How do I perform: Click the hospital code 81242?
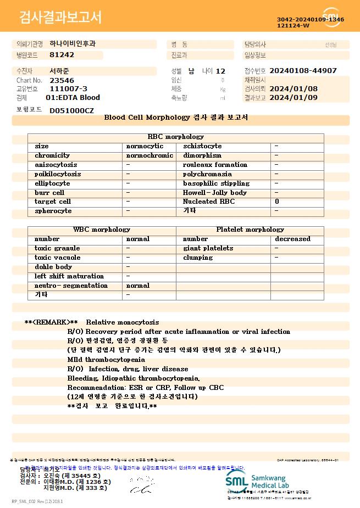62,55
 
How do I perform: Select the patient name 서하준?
59,71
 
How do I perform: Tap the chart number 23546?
62,80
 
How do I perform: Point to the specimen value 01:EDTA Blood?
73,98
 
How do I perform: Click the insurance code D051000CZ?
71,110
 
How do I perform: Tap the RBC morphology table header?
176,137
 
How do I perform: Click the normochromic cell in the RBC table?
149,155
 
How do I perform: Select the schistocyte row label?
202,146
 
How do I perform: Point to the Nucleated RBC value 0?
277,202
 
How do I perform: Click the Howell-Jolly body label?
215,193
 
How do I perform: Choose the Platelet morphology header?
250,230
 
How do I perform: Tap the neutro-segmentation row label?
71,286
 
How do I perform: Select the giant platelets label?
208,248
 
